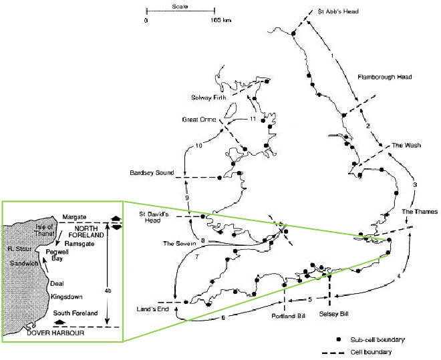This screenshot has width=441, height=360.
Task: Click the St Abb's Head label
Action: pos(338,11)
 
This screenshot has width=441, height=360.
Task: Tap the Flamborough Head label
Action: pos(385,77)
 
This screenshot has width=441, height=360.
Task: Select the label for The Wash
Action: pos(406,146)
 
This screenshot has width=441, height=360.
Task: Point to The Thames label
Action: pos(420,212)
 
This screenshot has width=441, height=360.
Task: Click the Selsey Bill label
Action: pos(334,314)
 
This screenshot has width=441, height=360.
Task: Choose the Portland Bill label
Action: pos(289,316)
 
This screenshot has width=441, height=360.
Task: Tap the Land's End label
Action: pos(153,309)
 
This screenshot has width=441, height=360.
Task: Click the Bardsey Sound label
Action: pos(152,172)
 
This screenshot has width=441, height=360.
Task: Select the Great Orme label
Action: pos(199,120)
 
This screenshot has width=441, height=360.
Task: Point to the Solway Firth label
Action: pos(208,98)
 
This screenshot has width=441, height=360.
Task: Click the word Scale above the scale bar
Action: pos(180,6)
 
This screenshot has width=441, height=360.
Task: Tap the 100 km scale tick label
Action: pos(221,20)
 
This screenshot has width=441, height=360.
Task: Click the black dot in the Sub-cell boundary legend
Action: pos(339,339)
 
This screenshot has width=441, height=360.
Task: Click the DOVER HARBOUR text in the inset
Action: pos(55,333)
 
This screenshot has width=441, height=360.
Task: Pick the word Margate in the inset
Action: pos(74,217)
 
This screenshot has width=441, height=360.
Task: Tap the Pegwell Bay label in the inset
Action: pos(57,255)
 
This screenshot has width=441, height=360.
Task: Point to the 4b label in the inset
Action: pos(108,291)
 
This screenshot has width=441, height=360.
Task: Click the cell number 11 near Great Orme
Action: pos(253,119)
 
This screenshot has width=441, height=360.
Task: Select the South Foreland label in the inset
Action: pos(76,313)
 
